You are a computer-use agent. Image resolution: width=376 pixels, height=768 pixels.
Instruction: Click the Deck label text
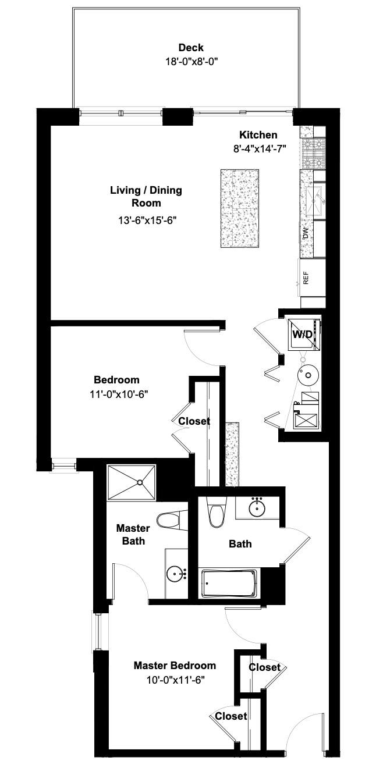tap(191, 48)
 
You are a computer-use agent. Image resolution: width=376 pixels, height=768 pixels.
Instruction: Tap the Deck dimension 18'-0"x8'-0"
tap(191, 60)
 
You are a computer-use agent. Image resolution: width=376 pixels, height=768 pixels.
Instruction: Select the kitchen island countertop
tap(240, 208)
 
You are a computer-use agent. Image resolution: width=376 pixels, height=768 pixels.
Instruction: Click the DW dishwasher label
tap(306, 233)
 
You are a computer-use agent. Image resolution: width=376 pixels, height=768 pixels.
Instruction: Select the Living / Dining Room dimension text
tap(147, 221)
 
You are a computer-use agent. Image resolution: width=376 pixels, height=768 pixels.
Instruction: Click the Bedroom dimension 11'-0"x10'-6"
tap(116, 393)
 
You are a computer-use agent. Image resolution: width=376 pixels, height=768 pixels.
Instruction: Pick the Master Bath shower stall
tap(131, 482)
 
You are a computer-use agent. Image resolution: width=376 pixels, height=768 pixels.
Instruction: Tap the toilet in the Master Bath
tap(170, 520)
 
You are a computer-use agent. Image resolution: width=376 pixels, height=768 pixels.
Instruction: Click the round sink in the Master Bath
tap(176, 575)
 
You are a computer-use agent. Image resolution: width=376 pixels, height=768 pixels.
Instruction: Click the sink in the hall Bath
tap(258, 508)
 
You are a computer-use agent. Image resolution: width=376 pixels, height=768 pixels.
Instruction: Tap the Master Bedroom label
tap(175, 666)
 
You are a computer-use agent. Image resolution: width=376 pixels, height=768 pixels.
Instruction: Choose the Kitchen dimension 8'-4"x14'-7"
tap(259, 149)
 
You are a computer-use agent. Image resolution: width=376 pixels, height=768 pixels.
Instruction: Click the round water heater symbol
tap(306, 376)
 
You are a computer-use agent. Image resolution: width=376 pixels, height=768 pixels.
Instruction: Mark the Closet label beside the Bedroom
tap(194, 421)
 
